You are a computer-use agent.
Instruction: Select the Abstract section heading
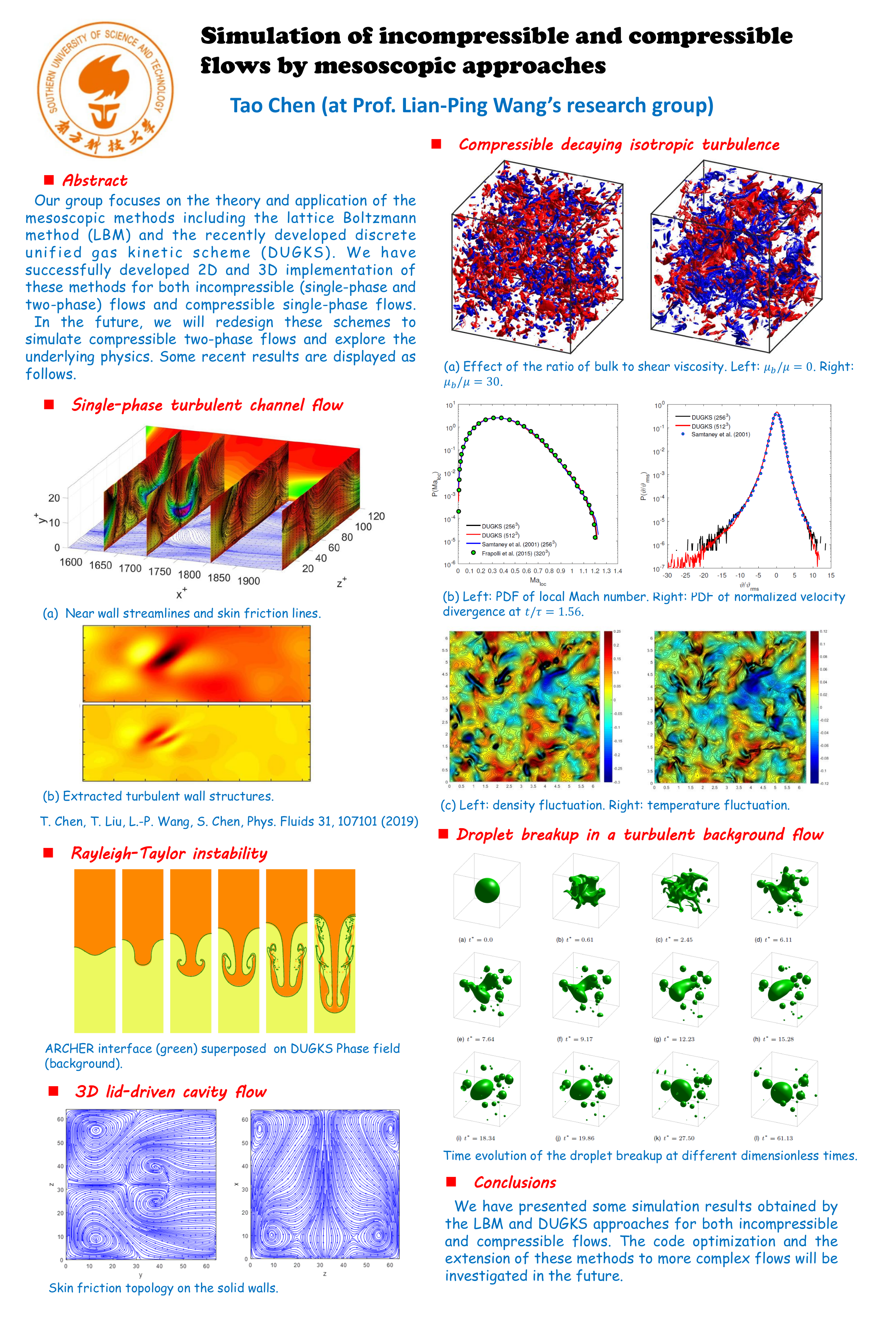point(95,180)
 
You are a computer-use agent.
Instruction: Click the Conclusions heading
point(514,1182)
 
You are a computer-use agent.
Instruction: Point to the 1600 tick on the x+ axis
point(71,562)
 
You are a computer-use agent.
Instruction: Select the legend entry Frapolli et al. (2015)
point(515,553)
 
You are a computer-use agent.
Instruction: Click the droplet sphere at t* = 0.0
point(487,890)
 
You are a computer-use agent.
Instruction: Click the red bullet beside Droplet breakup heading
point(443,834)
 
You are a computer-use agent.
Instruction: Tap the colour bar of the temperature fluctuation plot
point(814,707)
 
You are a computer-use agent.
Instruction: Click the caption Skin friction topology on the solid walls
point(164,1288)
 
